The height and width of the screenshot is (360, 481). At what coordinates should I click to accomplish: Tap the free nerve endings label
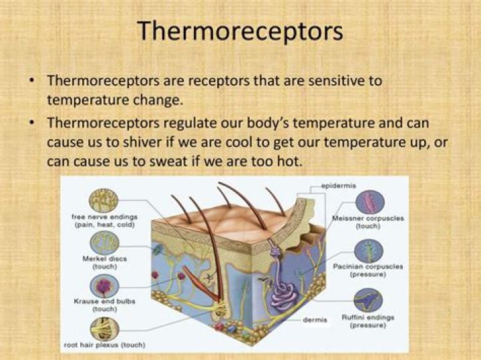[x=104, y=220]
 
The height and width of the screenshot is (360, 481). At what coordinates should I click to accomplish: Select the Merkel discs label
[x=104, y=261]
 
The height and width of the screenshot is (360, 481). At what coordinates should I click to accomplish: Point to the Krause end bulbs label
[x=104, y=305]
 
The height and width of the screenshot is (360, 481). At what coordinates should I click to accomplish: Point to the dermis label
[x=315, y=320]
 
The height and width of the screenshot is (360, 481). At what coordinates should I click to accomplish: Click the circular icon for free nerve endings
[x=104, y=200]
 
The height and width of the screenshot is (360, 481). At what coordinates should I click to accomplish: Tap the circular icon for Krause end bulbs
[x=104, y=286]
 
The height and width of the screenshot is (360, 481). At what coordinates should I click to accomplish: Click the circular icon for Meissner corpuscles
[x=369, y=202]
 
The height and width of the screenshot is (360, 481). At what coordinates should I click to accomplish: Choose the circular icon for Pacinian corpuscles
[x=369, y=250]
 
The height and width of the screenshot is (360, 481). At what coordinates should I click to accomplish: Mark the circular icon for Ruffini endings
[x=369, y=300]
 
